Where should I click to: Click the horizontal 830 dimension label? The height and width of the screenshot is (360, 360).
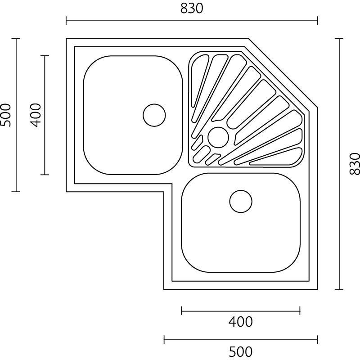click(192, 9)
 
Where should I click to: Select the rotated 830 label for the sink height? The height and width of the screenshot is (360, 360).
click(355, 164)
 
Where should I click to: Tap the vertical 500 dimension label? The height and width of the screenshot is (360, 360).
click(5, 115)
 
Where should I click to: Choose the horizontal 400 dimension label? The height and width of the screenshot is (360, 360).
click(240, 322)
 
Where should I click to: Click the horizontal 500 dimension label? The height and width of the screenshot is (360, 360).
click(240, 351)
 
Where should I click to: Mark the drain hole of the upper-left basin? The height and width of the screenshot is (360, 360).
click(154, 115)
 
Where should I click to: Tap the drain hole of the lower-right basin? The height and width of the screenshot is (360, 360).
click(241, 201)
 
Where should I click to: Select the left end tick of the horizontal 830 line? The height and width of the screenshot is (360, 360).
click(67, 20)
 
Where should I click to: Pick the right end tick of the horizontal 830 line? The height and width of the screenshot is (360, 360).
click(318, 20)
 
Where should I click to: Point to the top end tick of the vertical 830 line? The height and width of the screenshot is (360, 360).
click(340, 39)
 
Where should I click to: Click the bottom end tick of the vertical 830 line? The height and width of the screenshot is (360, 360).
click(340, 289)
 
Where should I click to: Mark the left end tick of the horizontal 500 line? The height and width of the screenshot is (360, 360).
click(164, 339)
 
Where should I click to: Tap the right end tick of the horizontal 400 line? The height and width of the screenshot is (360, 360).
click(300, 310)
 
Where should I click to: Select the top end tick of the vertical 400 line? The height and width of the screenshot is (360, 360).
click(45, 56)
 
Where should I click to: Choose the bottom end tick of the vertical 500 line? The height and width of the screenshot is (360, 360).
click(16, 192)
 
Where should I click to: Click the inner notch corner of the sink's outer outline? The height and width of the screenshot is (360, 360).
click(164, 192)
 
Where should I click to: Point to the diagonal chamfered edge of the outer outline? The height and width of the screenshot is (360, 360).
click(283, 73)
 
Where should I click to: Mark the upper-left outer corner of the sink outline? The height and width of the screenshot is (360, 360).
click(67, 39)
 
